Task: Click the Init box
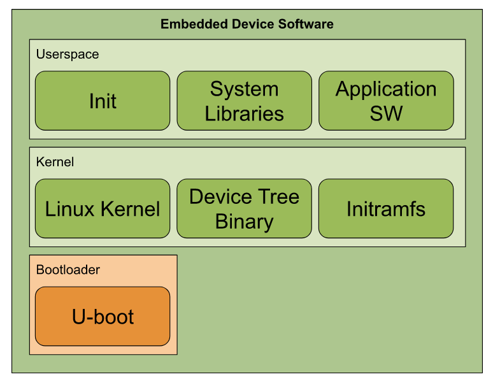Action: (x=103, y=101)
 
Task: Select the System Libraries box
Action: (x=244, y=101)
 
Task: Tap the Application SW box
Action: (x=386, y=101)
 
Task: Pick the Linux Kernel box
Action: (x=103, y=209)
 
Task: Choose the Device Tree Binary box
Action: (x=244, y=209)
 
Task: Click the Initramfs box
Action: (x=386, y=209)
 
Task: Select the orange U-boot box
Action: (x=103, y=317)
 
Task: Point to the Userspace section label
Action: (x=68, y=54)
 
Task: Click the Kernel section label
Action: (x=55, y=162)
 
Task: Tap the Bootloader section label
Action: (x=68, y=269)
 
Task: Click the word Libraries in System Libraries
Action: (x=244, y=113)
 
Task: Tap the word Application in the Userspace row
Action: (x=386, y=89)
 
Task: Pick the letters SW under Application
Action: (x=386, y=113)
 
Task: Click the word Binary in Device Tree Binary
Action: (x=244, y=222)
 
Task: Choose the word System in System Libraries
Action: (x=244, y=89)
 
